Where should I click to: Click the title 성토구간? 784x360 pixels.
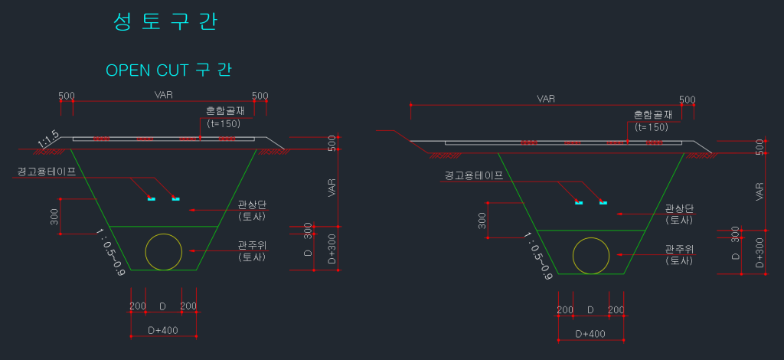[x=165, y=21]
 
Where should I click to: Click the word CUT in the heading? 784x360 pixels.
[x=172, y=70]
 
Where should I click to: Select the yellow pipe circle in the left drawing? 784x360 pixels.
[x=164, y=252]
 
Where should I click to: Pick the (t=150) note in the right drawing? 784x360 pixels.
[x=652, y=127]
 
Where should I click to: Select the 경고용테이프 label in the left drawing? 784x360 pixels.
[x=47, y=172]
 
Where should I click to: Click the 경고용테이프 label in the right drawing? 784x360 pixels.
[x=474, y=175]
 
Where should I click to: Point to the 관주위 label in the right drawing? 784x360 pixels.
[x=678, y=249]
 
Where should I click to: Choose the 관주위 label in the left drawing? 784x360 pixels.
[x=251, y=245]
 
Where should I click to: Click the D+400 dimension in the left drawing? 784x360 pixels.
[x=162, y=330]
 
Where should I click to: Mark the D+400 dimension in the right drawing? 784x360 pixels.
[x=590, y=334]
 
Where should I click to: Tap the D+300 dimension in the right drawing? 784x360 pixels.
[x=759, y=252]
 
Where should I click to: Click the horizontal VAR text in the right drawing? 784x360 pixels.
[x=546, y=99]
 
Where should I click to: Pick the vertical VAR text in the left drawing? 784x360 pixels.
[x=332, y=188]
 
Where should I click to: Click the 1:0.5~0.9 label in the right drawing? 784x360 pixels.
[x=537, y=257]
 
